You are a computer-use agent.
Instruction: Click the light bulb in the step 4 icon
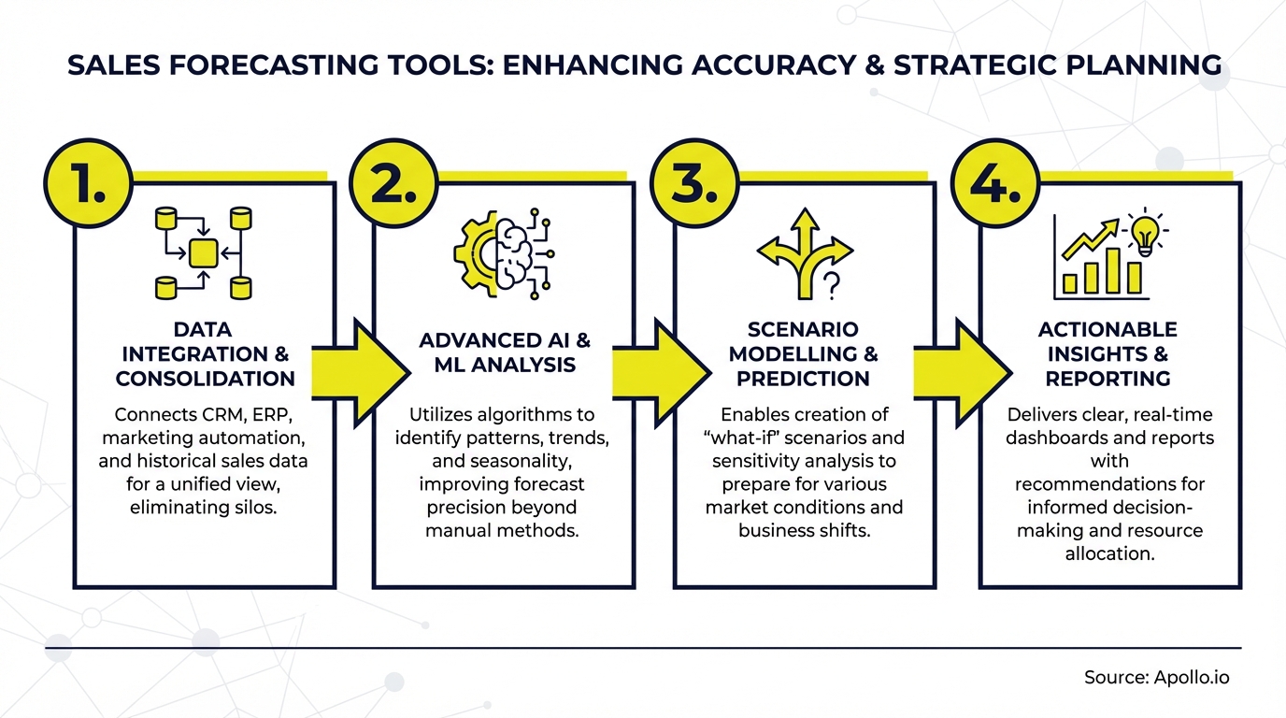[1144, 234]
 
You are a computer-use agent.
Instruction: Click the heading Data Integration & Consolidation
[204, 354]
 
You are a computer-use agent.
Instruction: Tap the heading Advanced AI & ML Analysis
[505, 352]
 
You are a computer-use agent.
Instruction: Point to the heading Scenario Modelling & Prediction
[803, 354]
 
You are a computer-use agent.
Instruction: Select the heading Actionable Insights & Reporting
[1107, 354]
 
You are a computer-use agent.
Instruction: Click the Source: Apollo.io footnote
[1157, 678]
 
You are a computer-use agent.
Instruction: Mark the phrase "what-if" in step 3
[751, 437]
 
